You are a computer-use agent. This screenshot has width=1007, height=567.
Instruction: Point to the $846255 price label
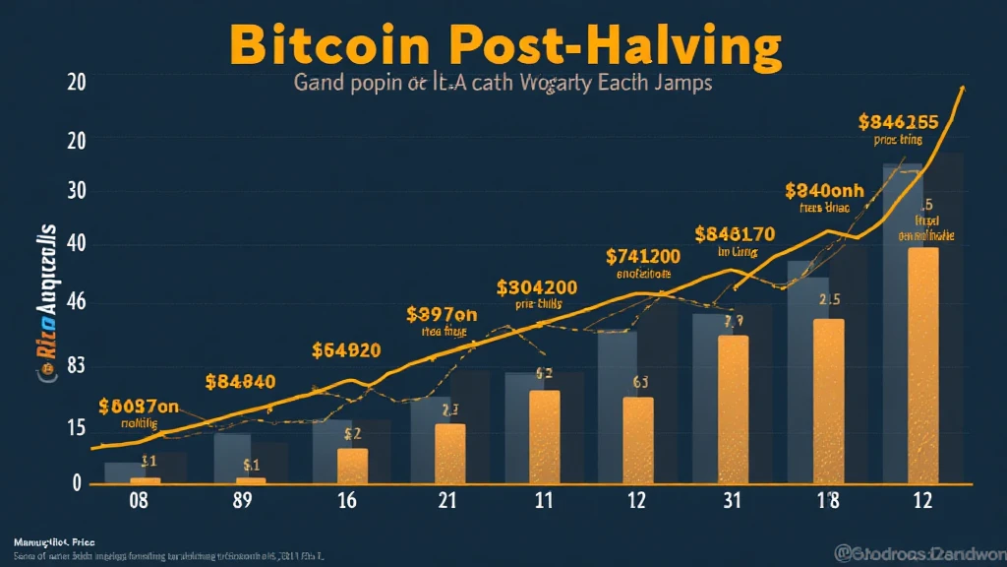pyautogui.click(x=898, y=123)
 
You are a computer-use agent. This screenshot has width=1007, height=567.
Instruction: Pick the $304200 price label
pyautogui.click(x=536, y=287)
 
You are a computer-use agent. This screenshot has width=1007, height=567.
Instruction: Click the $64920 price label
pyautogui.click(x=345, y=349)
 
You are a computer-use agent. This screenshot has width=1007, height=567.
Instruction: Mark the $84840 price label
pyautogui.click(x=241, y=382)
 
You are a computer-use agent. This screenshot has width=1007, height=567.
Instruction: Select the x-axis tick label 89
pyautogui.click(x=241, y=501)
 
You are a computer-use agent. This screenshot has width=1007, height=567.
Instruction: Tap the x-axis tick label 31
pyautogui.click(x=731, y=501)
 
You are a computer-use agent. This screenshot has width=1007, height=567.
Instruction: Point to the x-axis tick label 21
pyautogui.click(x=447, y=501)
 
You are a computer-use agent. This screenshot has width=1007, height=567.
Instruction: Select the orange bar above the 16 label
pyautogui.click(x=352, y=466)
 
